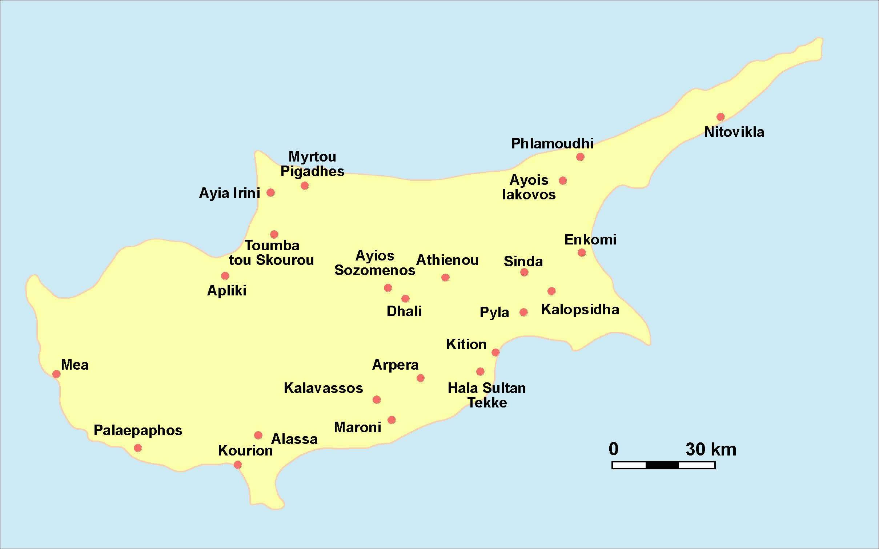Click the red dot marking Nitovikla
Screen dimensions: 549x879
(721, 117)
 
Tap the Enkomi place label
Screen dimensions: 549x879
(590, 240)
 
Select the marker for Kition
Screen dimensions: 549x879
(495, 352)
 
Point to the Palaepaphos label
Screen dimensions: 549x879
(138, 430)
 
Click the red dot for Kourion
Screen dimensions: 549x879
(238, 465)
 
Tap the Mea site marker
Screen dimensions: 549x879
(56, 374)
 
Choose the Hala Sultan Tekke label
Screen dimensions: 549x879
(487, 395)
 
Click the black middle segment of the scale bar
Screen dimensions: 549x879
(662, 465)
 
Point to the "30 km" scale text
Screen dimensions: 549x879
(711, 449)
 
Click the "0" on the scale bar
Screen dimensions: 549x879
(613, 449)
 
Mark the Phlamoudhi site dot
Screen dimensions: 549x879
(580, 157)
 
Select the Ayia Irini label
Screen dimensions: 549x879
(229, 193)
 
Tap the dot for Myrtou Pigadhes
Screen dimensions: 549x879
(305, 186)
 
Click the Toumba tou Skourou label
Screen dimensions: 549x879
(272, 253)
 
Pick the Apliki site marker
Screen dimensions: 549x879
(225, 276)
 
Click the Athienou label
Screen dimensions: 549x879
(447, 260)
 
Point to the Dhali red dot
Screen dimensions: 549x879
(405, 299)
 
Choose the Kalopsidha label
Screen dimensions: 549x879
(580, 310)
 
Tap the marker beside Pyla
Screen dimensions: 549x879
(523, 312)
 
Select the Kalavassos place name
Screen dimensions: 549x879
(323, 388)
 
